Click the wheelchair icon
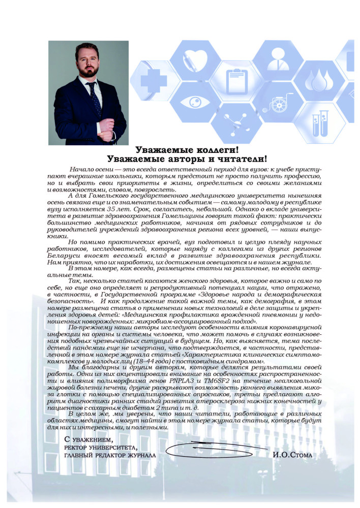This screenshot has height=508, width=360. click(278, 103)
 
